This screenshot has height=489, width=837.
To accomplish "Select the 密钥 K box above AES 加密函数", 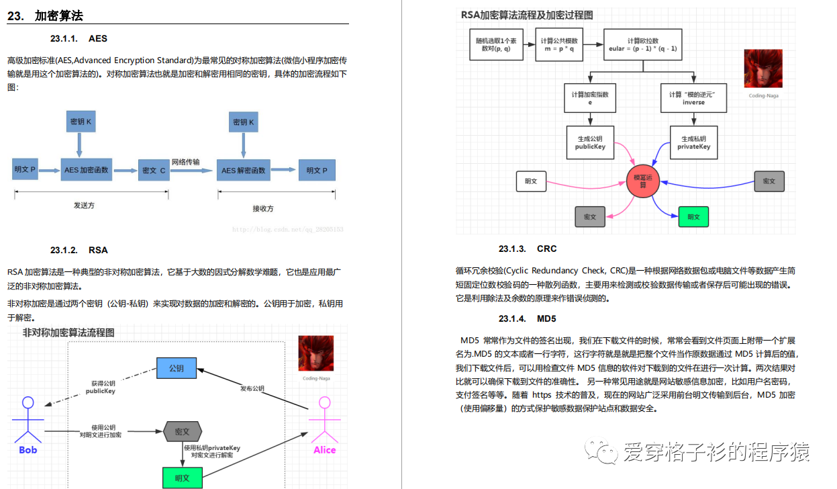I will (x=81, y=122).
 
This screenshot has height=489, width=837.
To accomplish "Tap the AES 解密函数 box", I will (x=244, y=171).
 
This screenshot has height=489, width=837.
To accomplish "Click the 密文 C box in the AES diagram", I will (x=154, y=171).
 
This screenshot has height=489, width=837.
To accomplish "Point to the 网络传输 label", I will (x=185, y=162).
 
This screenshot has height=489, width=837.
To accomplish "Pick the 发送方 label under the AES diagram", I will (x=85, y=206).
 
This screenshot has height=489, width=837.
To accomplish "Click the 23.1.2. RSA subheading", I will (x=79, y=251).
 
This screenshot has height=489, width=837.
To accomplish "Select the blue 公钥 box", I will (x=177, y=368).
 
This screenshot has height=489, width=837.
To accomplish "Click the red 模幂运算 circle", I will (x=643, y=181).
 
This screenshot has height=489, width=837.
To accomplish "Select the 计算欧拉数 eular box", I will (x=642, y=45).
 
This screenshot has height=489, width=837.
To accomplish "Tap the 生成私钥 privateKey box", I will (x=693, y=142).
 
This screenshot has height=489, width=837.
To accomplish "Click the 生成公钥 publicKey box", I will (x=591, y=142).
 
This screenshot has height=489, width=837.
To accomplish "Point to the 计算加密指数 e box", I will (x=591, y=99).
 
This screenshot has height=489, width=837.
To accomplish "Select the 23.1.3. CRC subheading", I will (x=528, y=249).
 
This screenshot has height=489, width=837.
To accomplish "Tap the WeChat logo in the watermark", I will (x=602, y=451).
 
